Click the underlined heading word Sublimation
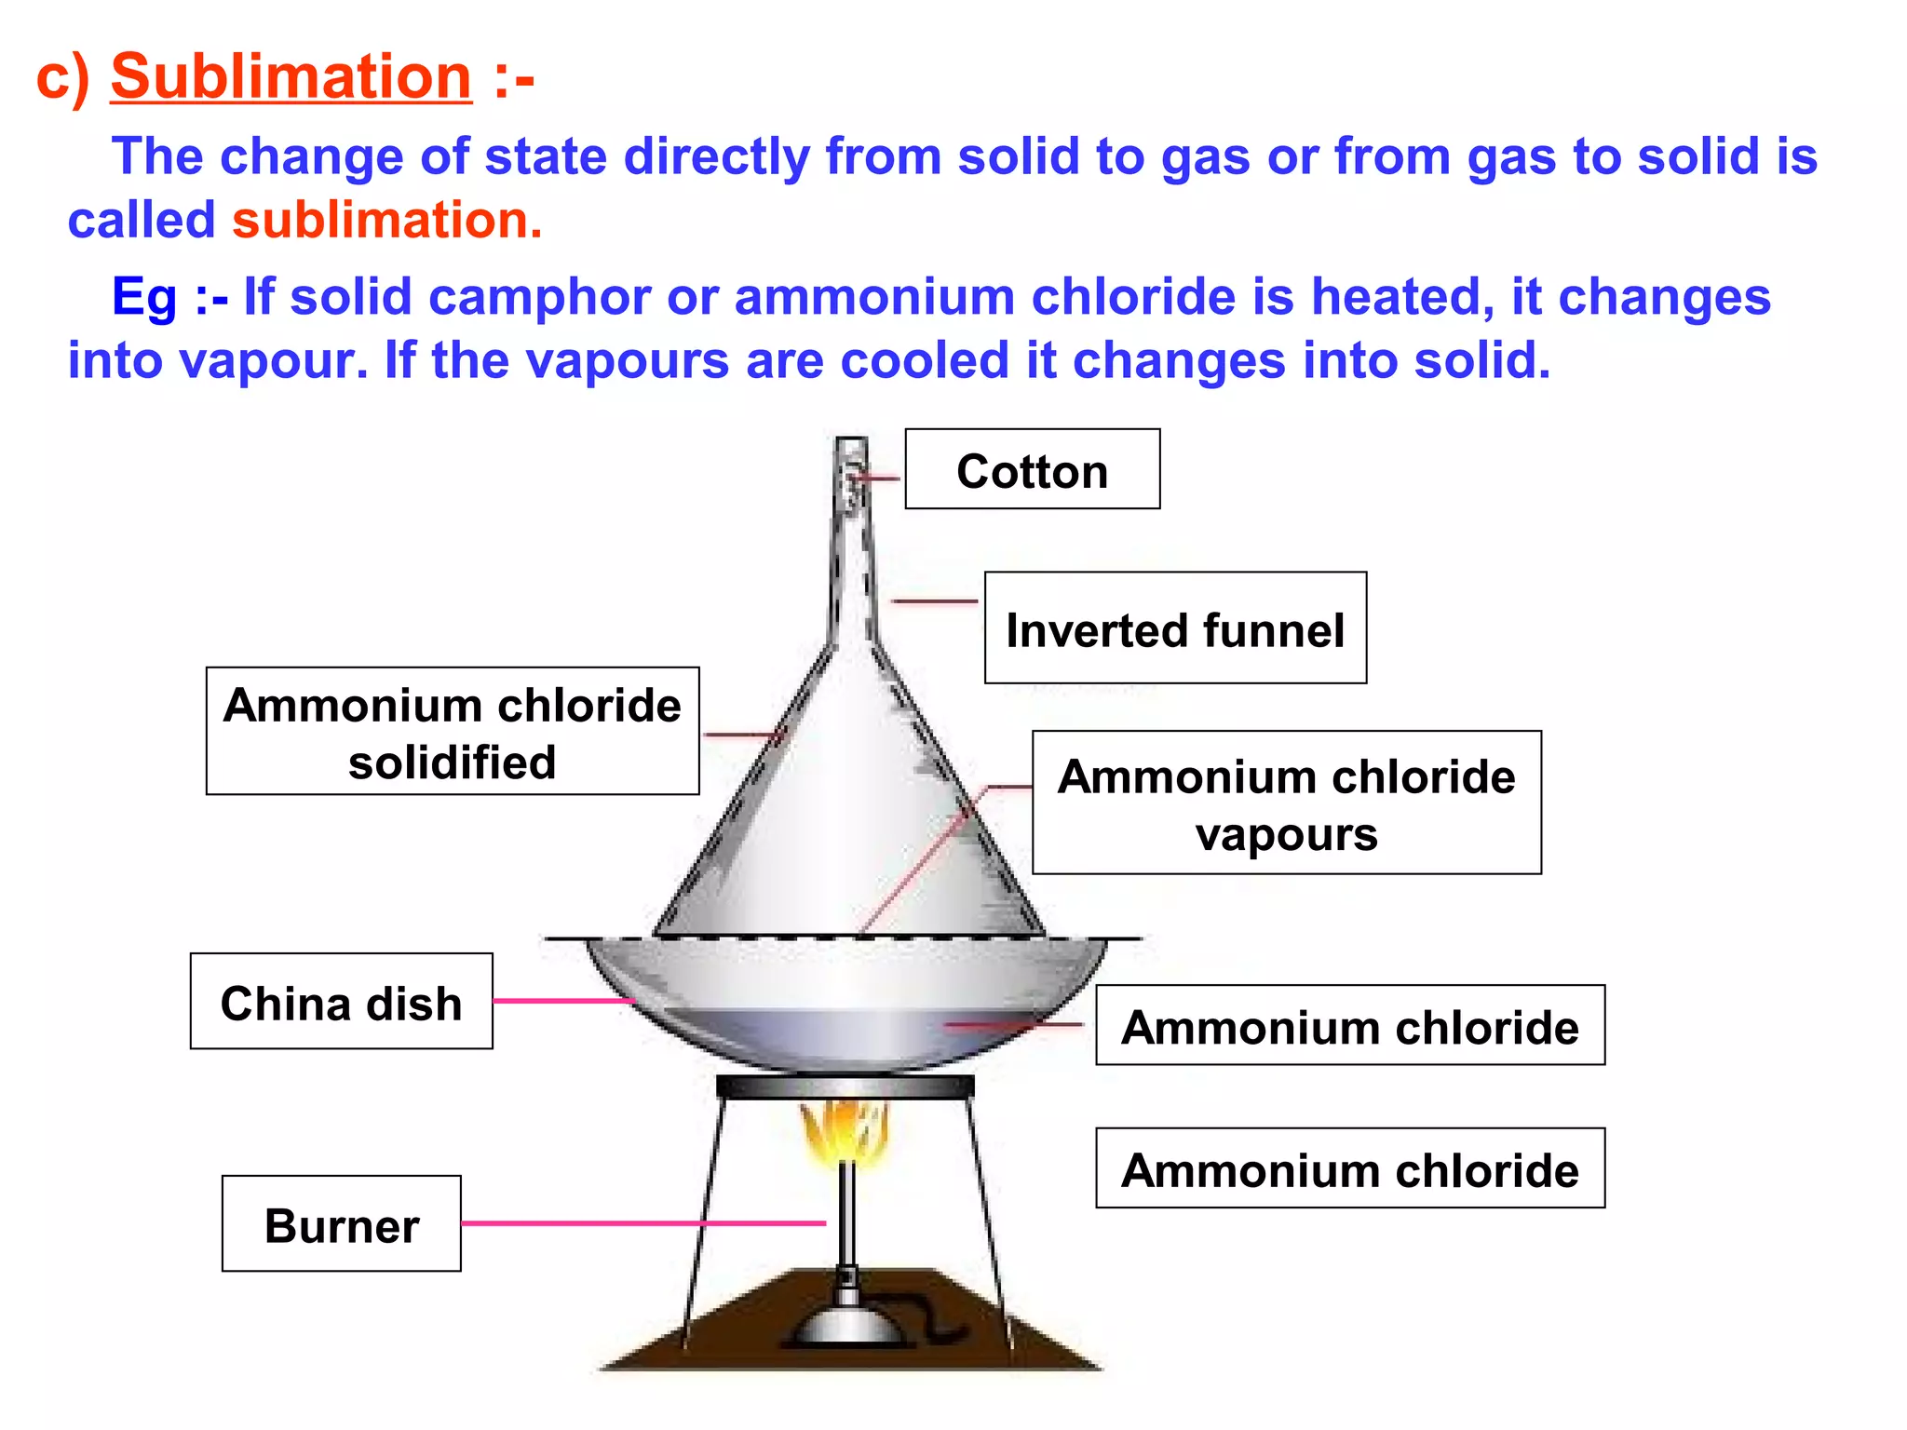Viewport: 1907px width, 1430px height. point(291,76)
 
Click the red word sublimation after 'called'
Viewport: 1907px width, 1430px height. point(385,221)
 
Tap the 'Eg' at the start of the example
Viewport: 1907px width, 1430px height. point(143,298)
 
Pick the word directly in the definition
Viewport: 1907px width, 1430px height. point(724,156)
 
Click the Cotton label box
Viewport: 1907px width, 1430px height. point(1032,470)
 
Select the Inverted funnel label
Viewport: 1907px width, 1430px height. point(1175,629)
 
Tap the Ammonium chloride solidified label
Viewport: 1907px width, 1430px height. point(453,732)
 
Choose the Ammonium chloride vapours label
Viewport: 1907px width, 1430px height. point(1286,803)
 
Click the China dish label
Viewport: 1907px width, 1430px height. point(341,1003)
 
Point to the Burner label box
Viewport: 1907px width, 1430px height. point(341,1224)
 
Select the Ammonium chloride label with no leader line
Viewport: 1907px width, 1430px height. point(1349,1169)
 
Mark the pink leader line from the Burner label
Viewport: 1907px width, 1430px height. point(642,1222)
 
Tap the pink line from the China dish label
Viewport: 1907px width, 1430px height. point(563,1001)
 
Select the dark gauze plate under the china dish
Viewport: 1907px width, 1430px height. point(845,1086)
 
